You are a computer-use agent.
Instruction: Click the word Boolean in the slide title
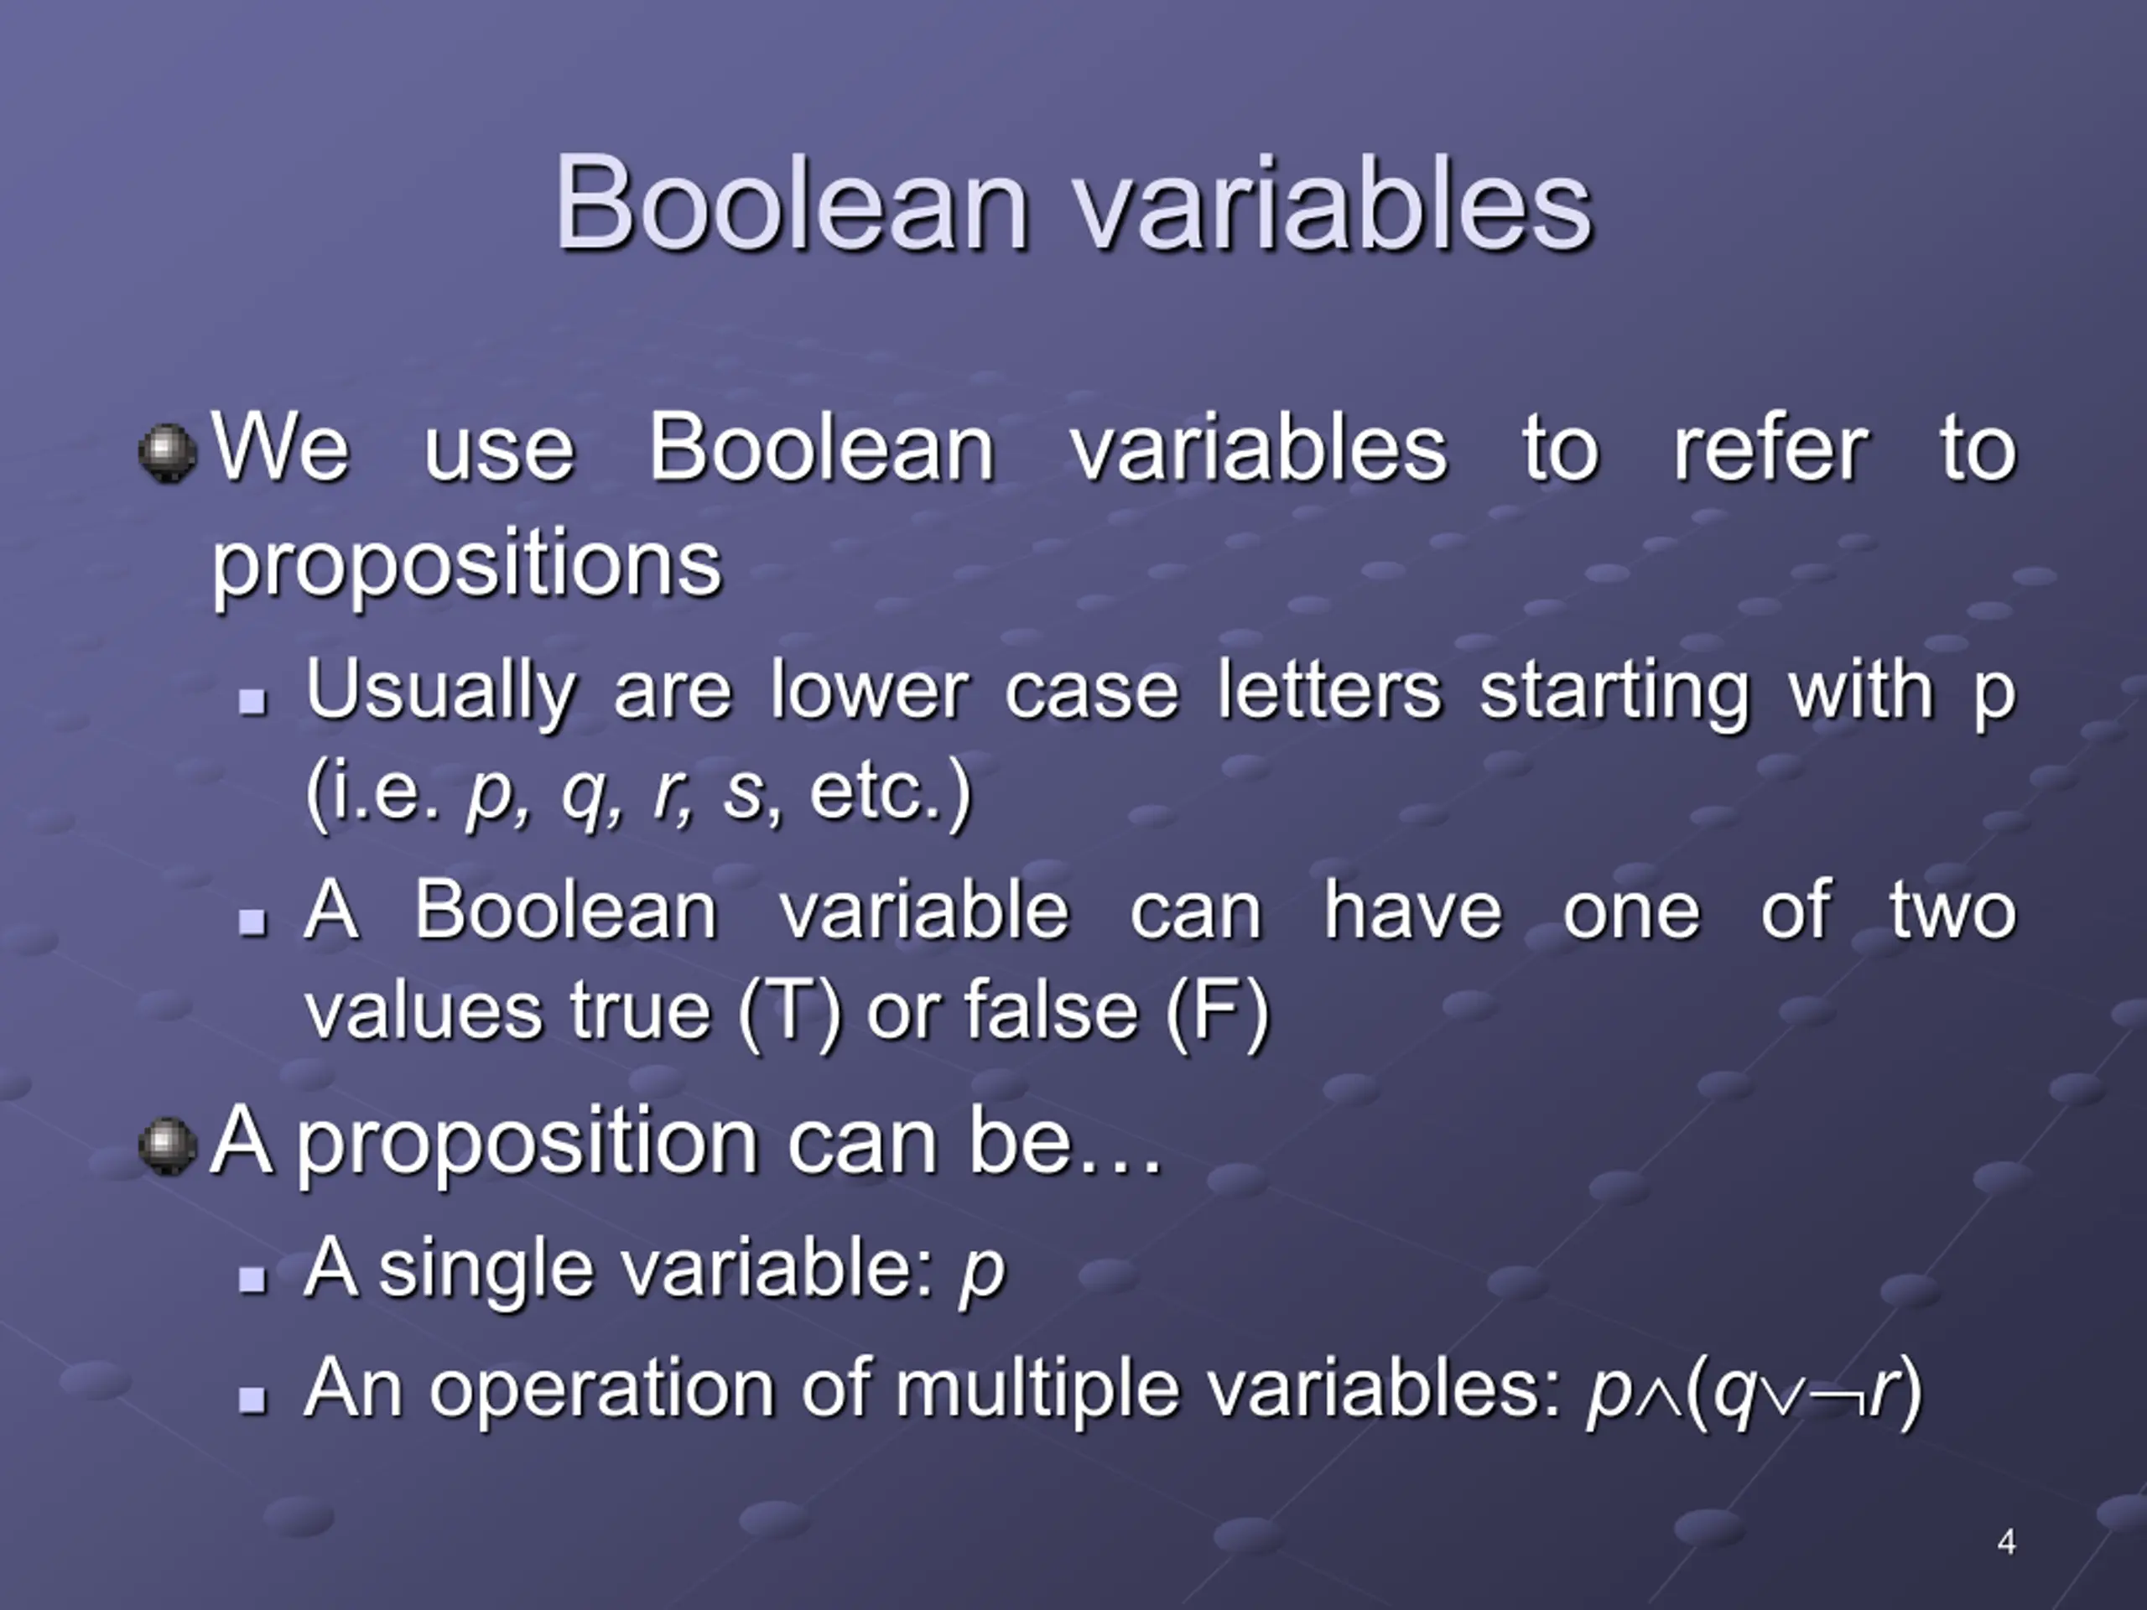[x=791, y=203]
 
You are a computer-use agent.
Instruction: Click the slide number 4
[x=2007, y=1541]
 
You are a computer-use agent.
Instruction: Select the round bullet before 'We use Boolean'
[x=168, y=452]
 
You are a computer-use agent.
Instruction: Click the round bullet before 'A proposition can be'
[x=168, y=1145]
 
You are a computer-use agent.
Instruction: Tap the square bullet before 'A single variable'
[x=252, y=1280]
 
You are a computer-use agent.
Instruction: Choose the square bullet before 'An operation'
[x=252, y=1400]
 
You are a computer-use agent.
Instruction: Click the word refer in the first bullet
[x=1770, y=449]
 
